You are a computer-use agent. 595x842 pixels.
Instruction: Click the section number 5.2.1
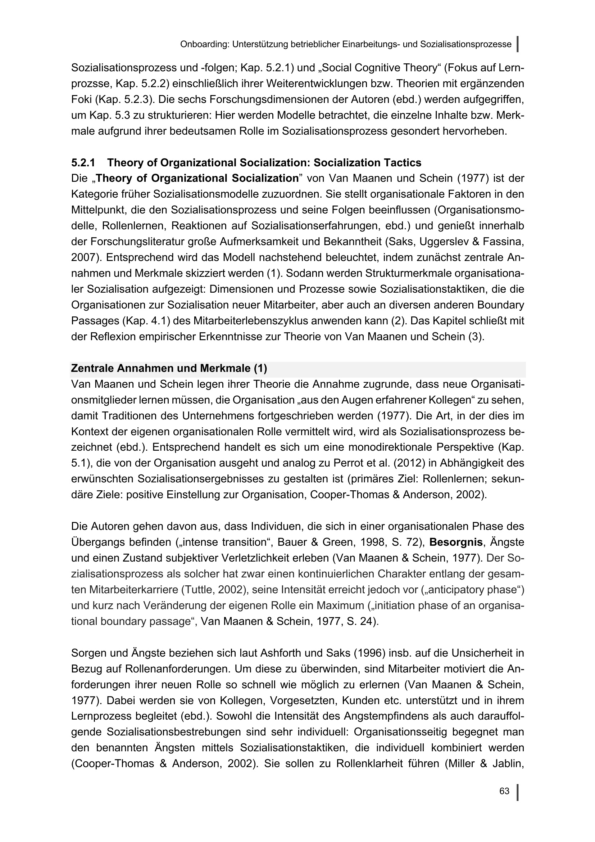click(83, 162)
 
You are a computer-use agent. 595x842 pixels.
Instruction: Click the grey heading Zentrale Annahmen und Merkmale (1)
click(169, 368)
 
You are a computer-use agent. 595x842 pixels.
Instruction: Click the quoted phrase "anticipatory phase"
click(469, 590)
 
